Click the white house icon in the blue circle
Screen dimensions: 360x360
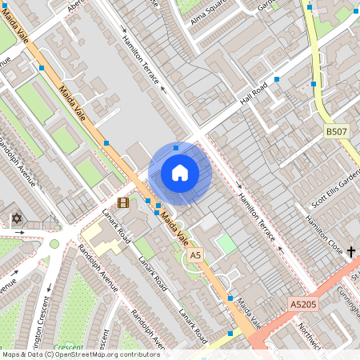(x=180, y=173)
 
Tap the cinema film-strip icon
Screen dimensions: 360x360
(x=123, y=203)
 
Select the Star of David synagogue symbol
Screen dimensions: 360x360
(x=16, y=218)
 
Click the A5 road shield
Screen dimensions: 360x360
(x=194, y=254)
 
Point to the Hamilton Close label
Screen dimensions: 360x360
(x=325, y=228)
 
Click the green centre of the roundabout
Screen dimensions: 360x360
(x=54, y=244)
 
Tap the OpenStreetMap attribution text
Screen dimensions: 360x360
(x=80, y=354)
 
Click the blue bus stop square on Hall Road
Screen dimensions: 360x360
(x=277, y=79)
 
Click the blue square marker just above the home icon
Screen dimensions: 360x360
(x=177, y=147)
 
